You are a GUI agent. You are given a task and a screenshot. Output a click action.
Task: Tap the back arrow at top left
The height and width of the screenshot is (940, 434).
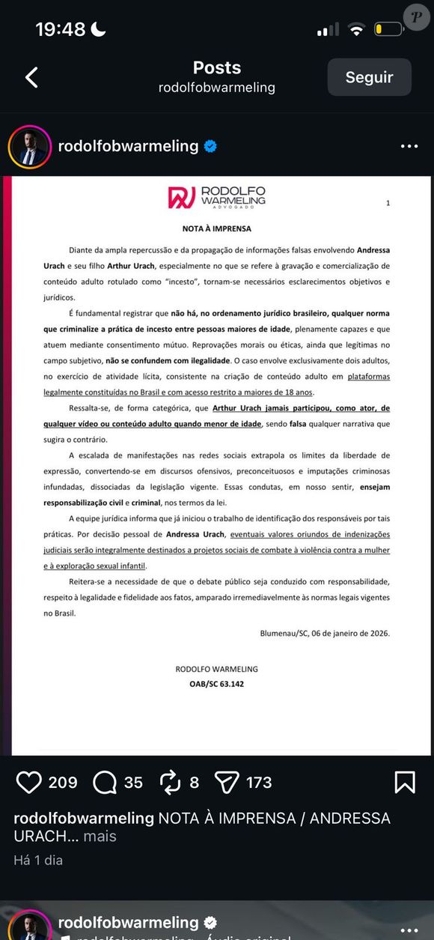(31, 77)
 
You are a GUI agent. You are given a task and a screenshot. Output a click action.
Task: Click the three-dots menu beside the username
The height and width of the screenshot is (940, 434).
(409, 147)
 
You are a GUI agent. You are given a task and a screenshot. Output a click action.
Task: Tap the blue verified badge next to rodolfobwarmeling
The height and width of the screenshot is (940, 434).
(210, 147)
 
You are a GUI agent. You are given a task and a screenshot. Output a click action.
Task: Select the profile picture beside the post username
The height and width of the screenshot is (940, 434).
(29, 147)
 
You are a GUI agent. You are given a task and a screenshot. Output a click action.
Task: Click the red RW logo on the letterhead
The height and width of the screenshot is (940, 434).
(182, 197)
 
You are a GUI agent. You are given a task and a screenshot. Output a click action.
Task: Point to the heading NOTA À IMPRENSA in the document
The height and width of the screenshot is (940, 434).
(216, 228)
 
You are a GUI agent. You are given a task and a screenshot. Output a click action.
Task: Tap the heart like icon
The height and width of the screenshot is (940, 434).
(28, 783)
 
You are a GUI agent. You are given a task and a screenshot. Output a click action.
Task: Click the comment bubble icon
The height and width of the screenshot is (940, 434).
(105, 783)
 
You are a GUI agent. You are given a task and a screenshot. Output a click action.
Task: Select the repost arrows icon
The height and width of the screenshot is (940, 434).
(171, 783)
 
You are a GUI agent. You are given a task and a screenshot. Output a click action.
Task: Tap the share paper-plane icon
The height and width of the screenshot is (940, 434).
(226, 783)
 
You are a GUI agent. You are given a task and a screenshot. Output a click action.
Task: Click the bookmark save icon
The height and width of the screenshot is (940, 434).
(404, 783)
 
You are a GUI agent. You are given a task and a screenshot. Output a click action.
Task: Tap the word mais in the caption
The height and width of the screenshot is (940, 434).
(100, 837)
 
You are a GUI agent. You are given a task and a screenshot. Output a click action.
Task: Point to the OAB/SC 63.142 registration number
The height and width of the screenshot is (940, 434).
(216, 685)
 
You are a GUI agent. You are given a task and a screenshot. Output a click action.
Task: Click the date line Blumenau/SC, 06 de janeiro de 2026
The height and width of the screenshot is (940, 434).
(324, 633)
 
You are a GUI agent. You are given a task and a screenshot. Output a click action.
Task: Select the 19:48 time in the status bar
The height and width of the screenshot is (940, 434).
(61, 29)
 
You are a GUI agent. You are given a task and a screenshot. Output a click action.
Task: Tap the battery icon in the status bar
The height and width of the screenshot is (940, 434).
(389, 29)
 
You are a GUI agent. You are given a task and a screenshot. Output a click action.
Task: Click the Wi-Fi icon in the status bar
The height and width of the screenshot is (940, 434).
(356, 29)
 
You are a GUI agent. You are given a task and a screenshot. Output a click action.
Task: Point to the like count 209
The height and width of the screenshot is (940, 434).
(63, 783)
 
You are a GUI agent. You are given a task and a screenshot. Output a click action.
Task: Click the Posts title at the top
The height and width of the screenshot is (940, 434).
(216, 67)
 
